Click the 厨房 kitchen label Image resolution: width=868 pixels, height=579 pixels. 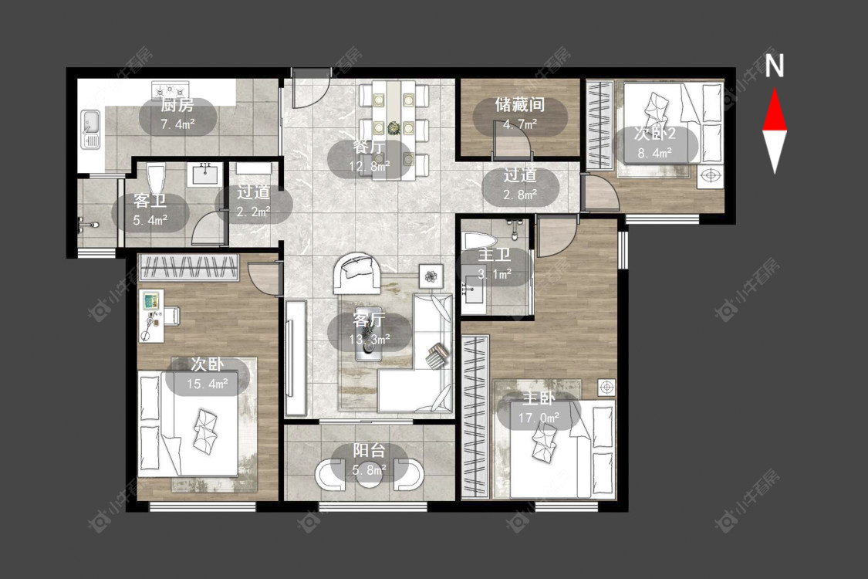pos(177,105)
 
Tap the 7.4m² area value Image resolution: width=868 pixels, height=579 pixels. pos(177,124)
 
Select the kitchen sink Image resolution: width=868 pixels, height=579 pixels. pos(91,130)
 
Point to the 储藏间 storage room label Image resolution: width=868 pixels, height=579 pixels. pos(520,105)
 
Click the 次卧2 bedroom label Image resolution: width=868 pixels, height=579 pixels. pos(655,134)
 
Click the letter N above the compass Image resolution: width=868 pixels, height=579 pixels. pos(775,66)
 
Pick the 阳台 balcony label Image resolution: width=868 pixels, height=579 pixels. pos(370,451)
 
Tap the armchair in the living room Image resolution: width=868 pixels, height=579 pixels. pos(357,273)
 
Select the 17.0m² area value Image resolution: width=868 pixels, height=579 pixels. pos(539,418)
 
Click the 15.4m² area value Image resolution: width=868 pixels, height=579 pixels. pos(207,384)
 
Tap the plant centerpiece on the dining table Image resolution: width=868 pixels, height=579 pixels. pos(393,128)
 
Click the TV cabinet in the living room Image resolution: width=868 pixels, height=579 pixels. pos(296,358)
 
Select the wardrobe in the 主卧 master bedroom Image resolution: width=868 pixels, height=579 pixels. pos(475,417)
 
